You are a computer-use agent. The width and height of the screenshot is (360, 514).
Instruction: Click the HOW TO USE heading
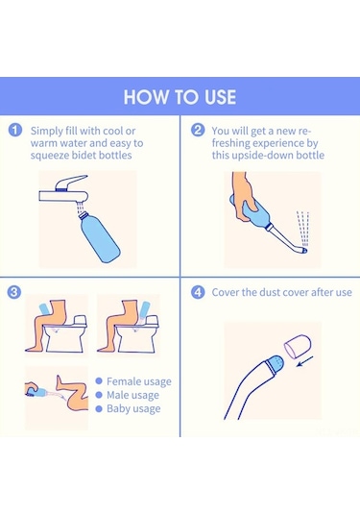click(180, 97)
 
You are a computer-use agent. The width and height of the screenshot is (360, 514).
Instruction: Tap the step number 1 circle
click(15, 130)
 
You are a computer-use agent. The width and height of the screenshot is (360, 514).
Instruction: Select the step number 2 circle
click(198, 130)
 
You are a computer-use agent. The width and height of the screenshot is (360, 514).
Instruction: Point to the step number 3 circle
click(14, 292)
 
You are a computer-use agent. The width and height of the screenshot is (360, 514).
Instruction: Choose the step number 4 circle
click(198, 292)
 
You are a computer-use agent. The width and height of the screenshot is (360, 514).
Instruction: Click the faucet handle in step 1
click(70, 183)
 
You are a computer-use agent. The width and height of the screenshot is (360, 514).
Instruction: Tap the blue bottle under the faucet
click(99, 236)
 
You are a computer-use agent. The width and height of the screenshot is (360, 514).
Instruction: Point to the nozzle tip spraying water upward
click(304, 251)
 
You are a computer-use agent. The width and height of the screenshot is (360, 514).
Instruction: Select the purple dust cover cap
click(298, 346)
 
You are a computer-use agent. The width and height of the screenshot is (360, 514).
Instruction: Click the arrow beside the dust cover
click(305, 361)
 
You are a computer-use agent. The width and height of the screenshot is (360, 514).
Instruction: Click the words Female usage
click(139, 381)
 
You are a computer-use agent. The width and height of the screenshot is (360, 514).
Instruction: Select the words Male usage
click(132, 395)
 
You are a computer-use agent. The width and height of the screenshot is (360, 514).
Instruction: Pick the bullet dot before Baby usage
click(99, 408)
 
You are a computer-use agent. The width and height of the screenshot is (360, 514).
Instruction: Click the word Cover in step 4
click(225, 292)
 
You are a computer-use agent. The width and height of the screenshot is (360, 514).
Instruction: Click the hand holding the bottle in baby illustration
click(31, 389)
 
